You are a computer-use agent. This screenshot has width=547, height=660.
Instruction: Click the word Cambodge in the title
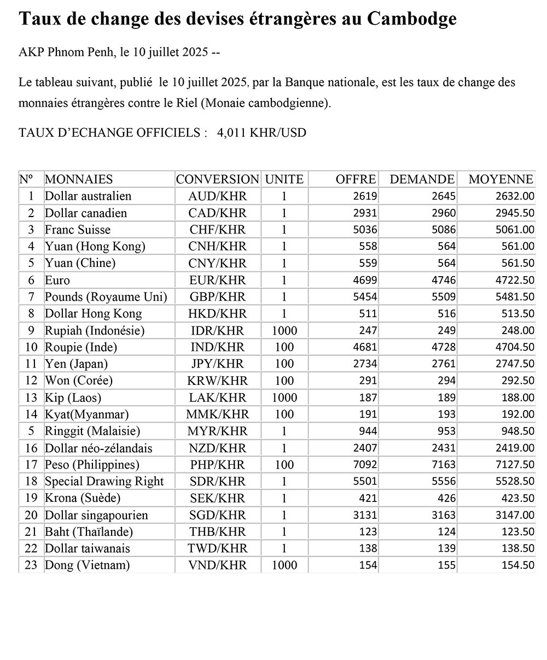pyautogui.click(x=412, y=19)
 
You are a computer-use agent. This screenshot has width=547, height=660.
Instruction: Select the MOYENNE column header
pyautogui.click(x=501, y=179)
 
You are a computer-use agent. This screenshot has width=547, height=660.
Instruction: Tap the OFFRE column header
pyautogui.click(x=356, y=179)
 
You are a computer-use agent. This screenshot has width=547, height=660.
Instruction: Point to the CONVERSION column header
pyautogui.click(x=217, y=179)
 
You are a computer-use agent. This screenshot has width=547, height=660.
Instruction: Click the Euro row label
pyautogui.click(x=57, y=281)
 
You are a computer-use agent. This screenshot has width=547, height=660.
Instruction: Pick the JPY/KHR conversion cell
pyautogui.click(x=217, y=364)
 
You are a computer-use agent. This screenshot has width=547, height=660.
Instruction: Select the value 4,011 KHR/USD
pyautogui.click(x=261, y=133)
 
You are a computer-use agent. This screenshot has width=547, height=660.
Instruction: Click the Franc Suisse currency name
pyautogui.click(x=78, y=230)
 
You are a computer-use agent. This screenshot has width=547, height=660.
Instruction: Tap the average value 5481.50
pyautogui.click(x=514, y=297)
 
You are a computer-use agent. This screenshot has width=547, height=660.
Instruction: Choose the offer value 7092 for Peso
pyautogui.click(x=364, y=465)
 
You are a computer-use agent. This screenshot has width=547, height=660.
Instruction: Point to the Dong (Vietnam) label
pyautogui.click(x=87, y=565)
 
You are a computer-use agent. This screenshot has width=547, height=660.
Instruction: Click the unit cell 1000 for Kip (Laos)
pyautogui.click(x=284, y=398)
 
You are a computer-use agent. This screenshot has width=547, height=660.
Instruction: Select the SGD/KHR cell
pyautogui.click(x=217, y=515)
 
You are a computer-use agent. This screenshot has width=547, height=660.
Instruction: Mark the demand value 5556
pyautogui.click(x=443, y=482)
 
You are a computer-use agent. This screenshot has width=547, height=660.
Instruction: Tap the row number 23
pyautogui.click(x=31, y=565)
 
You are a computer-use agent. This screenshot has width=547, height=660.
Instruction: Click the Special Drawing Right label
pyautogui.click(x=104, y=482)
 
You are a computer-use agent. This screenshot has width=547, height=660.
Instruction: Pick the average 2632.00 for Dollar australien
pyautogui.click(x=514, y=196)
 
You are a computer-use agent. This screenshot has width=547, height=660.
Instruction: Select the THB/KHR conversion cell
pyautogui.click(x=217, y=532)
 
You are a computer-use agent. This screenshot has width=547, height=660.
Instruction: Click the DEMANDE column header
pyautogui.click(x=422, y=179)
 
